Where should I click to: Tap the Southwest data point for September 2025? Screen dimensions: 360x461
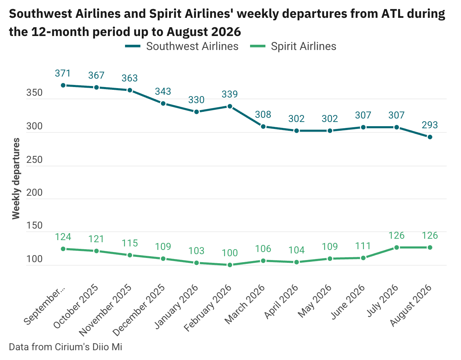click(x=63, y=85)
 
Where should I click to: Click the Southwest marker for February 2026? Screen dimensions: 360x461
click(x=230, y=106)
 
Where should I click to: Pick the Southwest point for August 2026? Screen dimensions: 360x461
click(x=430, y=137)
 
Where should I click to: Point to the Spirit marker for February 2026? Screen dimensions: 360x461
click(x=230, y=265)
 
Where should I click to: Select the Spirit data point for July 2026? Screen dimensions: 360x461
click(x=396, y=247)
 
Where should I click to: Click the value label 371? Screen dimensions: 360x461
click(x=63, y=73)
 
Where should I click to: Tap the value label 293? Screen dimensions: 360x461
click(x=430, y=125)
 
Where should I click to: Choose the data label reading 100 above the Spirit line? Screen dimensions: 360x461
click(x=230, y=253)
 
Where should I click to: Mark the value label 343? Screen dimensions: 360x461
click(x=163, y=92)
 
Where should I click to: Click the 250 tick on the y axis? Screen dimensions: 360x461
click(x=34, y=160)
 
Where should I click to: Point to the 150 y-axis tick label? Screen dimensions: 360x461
click(x=34, y=226)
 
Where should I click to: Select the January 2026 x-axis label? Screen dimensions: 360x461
click(x=177, y=307)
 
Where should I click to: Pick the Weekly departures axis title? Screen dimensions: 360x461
click(x=16, y=179)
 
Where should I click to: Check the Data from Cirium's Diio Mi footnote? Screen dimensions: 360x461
click(x=66, y=347)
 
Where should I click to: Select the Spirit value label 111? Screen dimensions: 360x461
click(x=363, y=246)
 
